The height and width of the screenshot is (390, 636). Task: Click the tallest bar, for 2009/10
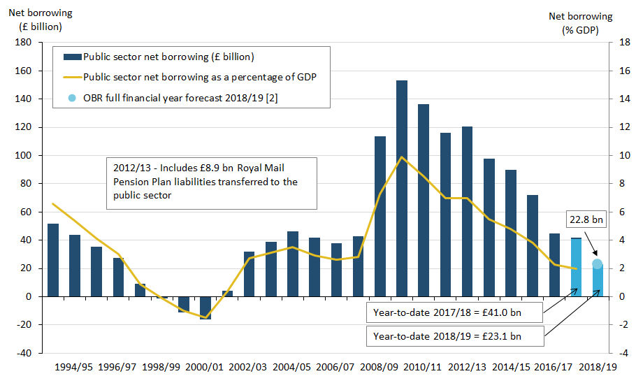tap(402, 188)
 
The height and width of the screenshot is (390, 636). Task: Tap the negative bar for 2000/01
tap(205, 308)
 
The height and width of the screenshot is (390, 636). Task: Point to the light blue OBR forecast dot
tap(598, 264)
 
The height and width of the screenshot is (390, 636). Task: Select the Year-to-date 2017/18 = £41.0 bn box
tap(454, 312)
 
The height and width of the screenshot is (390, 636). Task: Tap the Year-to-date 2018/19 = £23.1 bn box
tap(454, 336)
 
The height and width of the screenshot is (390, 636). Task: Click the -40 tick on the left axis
tap(24, 353)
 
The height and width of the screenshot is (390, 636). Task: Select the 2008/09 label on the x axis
tap(380, 366)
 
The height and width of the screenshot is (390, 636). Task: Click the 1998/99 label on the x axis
tap(161, 366)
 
